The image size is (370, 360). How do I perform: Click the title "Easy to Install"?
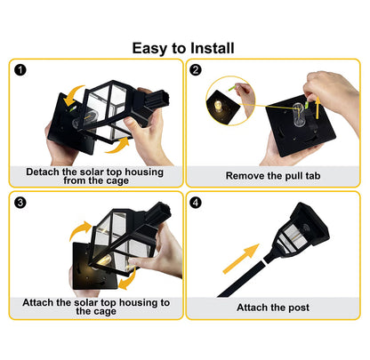[183, 48]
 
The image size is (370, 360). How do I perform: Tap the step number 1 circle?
[20, 70]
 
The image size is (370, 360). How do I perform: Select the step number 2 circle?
[196, 70]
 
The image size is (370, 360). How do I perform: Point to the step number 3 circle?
[20, 203]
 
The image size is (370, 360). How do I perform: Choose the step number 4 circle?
[196, 203]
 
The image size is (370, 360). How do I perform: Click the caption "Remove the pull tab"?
[273, 176]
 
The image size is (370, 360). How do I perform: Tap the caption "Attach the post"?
[273, 308]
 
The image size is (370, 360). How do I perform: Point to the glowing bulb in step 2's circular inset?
[218, 106]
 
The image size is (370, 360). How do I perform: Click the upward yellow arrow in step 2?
[318, 108]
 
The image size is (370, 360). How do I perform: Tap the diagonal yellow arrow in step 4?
[240, 259]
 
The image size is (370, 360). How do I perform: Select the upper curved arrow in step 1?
[73, 95]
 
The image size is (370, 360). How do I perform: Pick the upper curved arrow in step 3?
[79, 230]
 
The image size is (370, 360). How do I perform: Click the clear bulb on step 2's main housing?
[298, 115]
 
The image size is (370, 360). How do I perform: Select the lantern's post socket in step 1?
[157, 100]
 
